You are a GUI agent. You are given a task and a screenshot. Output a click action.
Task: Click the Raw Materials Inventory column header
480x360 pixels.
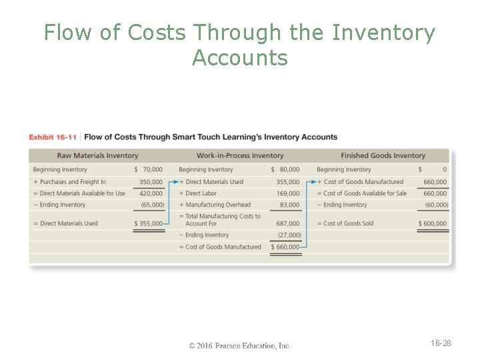point(97,155)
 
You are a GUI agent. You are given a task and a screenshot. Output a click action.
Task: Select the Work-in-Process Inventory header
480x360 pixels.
point(240,155)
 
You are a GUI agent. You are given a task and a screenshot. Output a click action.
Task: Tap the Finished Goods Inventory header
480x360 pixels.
point(383,155)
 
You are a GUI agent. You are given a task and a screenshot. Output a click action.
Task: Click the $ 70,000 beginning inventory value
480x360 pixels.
point(149,169)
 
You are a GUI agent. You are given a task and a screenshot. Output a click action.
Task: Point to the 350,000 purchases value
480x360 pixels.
point(151,181)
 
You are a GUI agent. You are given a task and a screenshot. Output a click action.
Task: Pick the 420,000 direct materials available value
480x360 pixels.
point(151,193)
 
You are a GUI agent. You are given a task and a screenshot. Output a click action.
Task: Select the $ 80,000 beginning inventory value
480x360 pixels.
point(286,169)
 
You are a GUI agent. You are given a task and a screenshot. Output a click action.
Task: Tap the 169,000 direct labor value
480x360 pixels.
point(289,193)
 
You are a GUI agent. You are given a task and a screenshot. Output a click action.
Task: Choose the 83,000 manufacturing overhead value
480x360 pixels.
point(290,205)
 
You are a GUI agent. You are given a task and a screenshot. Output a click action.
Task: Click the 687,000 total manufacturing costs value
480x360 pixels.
point(288,223)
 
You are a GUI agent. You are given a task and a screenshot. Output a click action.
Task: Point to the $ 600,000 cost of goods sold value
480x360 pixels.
point(433,223)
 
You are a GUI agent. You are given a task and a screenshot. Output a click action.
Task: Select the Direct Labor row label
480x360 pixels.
point(201,193)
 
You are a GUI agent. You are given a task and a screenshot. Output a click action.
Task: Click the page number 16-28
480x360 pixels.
point(441,343)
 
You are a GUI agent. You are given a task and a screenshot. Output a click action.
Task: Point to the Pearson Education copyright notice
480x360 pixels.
point(240,345)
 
